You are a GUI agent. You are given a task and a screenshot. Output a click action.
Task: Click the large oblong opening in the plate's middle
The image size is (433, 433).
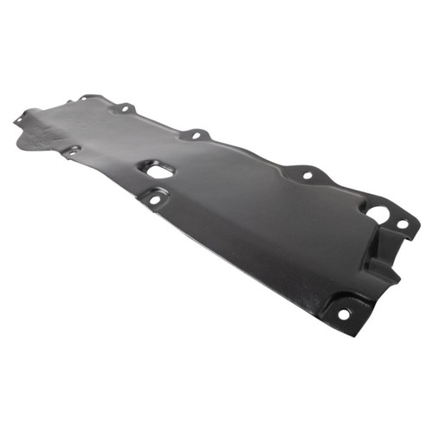pyautogui.click(x=159, y=171)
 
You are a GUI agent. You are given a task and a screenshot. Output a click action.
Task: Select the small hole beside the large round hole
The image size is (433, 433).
pyautogui.click(x=402, y=224)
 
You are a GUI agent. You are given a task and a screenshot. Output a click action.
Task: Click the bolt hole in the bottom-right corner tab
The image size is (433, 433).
pyautogui.click(x=344, y=313)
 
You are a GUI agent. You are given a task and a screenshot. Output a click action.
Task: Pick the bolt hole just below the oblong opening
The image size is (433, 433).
pyautogui.click(x=155, y=200)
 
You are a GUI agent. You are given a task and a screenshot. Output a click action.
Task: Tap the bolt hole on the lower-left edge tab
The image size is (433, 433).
pyautogui.click(x=71, y=152)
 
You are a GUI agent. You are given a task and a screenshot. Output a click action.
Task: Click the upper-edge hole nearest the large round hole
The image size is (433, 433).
pyautogui.click(x=307, y=175)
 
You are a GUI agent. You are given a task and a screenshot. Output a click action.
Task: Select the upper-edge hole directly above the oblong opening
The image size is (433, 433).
pyautogui.click(x=195, y=135)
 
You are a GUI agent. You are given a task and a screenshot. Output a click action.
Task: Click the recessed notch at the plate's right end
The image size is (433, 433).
pyautogui.click(x=381, y=251)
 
